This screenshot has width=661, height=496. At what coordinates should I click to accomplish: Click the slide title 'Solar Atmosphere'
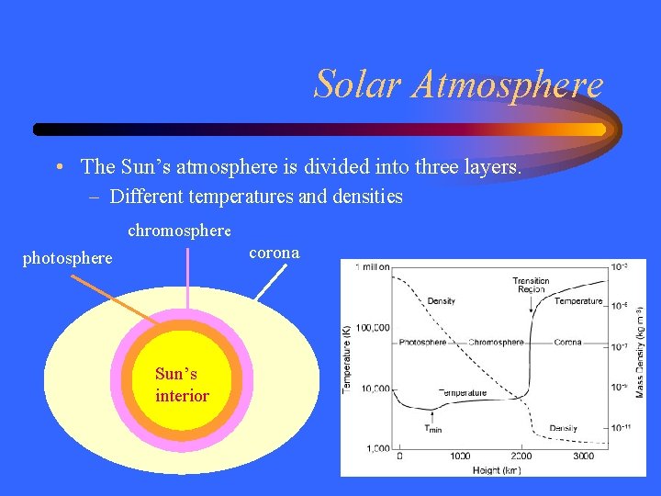(x=458, y=85)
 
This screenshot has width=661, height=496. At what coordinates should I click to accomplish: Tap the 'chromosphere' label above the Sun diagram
(x=179, y=230)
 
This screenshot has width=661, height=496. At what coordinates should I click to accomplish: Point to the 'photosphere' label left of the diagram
(x=67, y=258)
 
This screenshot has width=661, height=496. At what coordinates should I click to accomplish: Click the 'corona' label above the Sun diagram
(x=274, y=252)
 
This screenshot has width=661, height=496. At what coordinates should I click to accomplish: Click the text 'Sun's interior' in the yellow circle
(x=182, y=385)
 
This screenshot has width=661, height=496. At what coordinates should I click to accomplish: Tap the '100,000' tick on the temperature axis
(x=373, y=327)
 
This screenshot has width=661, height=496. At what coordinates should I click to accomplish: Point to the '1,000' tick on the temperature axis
(x=377, y=448)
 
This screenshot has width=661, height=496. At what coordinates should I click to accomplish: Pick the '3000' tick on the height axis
(x=582, y=457)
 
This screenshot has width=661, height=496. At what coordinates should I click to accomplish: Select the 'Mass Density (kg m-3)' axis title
(x=640, y=354)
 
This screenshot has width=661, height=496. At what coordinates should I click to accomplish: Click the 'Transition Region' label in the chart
(x=531, y=285)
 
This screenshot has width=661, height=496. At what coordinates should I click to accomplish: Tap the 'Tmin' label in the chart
(x=432, y=428)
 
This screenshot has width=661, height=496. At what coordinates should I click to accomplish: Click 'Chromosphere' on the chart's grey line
(x=496, y=343)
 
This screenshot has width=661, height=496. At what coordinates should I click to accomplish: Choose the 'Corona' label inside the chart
(x=567, y=343)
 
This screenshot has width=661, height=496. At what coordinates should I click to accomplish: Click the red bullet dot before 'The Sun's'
(x=58, y=167)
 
